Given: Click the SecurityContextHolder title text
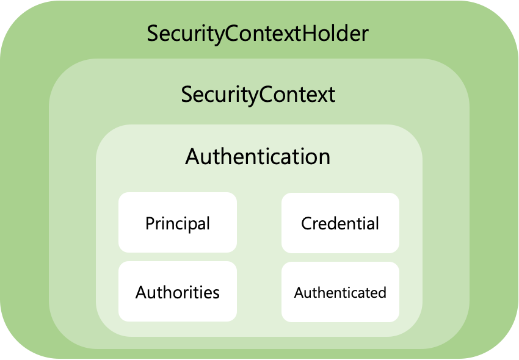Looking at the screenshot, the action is coord(258,34).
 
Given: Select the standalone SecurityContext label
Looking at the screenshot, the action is coord(258,95).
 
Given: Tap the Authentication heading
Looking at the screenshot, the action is coord(258,157).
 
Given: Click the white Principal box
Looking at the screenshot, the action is coord(177,223).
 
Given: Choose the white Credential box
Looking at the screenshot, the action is coord(340,223).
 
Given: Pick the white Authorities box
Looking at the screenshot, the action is coord(177,292).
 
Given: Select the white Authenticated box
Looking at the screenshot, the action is coord(340,292).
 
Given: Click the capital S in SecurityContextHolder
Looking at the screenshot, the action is coord(153,34).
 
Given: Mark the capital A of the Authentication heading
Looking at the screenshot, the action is coord(192,157).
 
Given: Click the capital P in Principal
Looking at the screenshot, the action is coord(150,223).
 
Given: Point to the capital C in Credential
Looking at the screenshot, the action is coord(307,223).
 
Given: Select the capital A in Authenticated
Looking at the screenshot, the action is coord(298,293).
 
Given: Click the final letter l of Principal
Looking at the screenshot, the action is coord(208,223).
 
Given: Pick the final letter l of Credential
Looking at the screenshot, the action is coord(377,223).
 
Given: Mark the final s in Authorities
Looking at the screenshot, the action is coord(216,293).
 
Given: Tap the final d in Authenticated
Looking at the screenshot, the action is coord(382,292).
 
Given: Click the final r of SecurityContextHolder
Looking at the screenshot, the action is coord(365,35).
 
